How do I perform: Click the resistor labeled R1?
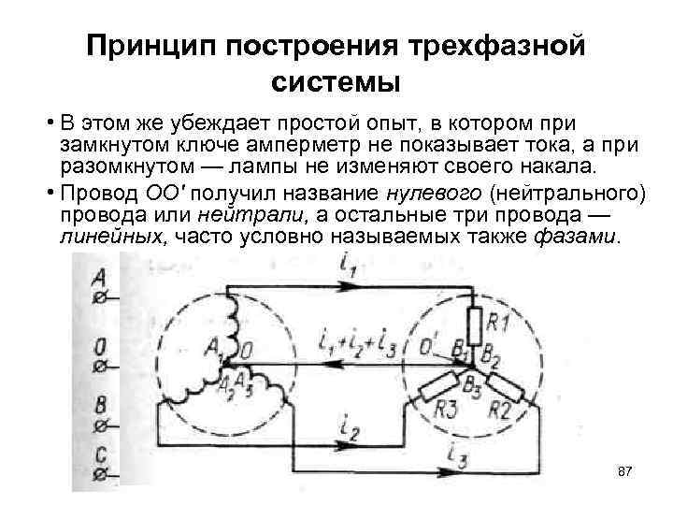[474, 327]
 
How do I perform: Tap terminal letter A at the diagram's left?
[98, 278]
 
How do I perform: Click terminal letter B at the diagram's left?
[98, 405]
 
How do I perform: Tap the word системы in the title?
[336, 82]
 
